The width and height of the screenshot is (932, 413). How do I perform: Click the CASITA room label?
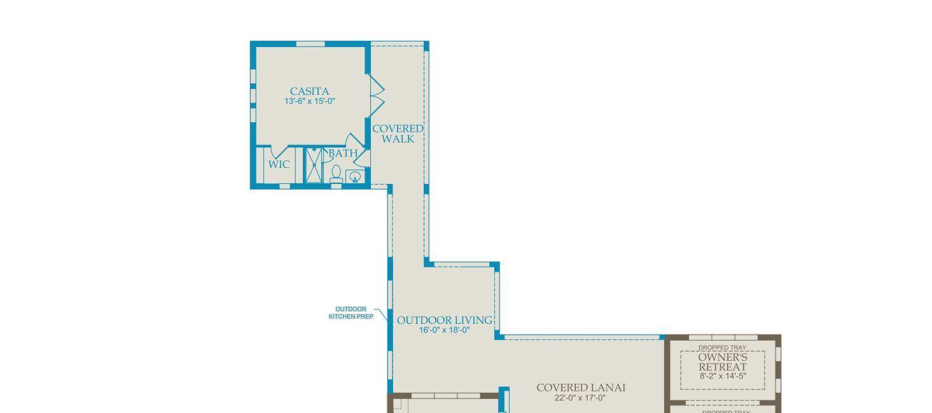click(x=309, y=91)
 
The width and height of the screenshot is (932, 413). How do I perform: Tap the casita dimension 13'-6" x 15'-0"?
click(x=309, y=101)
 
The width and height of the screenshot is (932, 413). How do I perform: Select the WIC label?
click(x=279, y=164)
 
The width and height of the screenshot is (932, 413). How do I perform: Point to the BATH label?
click(x=343, y=153)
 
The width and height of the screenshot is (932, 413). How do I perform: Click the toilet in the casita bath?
click(x=336, y=174)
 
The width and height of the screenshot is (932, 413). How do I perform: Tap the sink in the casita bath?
click(x=355, y=176)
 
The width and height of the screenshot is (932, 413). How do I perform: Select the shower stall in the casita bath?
click(x=313, y=165)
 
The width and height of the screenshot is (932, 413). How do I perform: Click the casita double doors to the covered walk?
click(x=377, y=95)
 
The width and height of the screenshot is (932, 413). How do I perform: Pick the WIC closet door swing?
click(x=281, y=151)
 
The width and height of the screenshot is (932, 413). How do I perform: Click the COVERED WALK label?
click(x=398, y=134)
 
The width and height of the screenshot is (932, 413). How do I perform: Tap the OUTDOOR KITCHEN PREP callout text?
click(x=351, y=312)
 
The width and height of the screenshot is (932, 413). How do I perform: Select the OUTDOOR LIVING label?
click(x=445, y=320)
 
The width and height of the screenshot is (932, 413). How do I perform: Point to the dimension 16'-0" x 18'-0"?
click(x=445, y=330)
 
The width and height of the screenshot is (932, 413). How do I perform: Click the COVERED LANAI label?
click(x=581, y=388)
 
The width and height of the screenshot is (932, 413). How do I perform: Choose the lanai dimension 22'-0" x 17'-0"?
click(x=580, y=398)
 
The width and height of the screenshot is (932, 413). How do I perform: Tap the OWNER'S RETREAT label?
click(x=722, y=362)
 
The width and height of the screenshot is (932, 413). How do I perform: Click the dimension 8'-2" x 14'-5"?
click(x=722, y=376)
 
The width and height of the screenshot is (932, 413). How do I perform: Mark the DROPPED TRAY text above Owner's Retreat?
click(x=722, y=347)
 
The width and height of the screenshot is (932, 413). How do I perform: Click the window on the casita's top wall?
click(x=311, y=44)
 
